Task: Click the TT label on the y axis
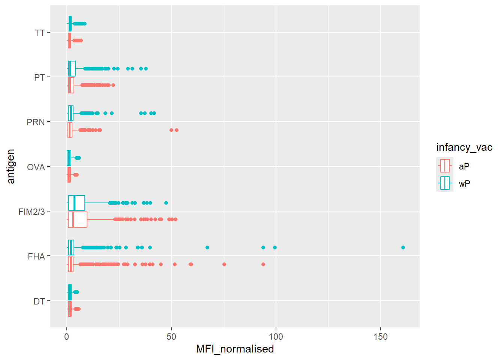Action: (40, 33)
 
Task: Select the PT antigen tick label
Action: (40, 78)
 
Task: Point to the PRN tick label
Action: (36, 122)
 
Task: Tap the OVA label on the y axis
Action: (36, 167)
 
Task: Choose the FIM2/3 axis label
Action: (31, 212)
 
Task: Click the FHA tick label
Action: (36, 256)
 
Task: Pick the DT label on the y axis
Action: (39, 301)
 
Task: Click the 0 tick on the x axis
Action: (67, 337)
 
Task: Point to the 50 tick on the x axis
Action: (171, 337)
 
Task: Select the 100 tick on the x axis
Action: (276, 337)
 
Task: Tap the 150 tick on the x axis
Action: (381, 337)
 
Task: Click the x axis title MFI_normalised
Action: (235, 349)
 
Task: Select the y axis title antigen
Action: (10, 166)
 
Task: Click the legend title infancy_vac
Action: (464, 147)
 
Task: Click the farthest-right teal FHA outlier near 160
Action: (403, 247)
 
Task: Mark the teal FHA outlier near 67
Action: (207, 247)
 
